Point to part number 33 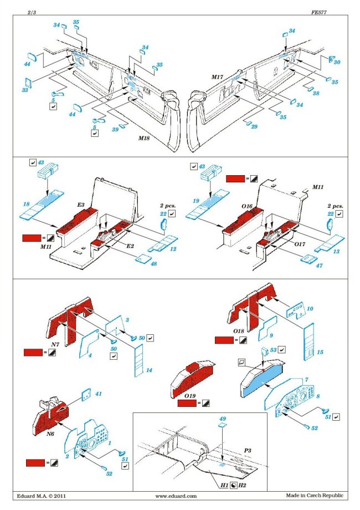pos(24,90)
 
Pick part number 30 pos(336,63)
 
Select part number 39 pos(115,129)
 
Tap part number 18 pos(25,205)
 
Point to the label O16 pos(246,206)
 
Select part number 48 pos(153,263)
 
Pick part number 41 pos(99,394)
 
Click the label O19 pos(190,396)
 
